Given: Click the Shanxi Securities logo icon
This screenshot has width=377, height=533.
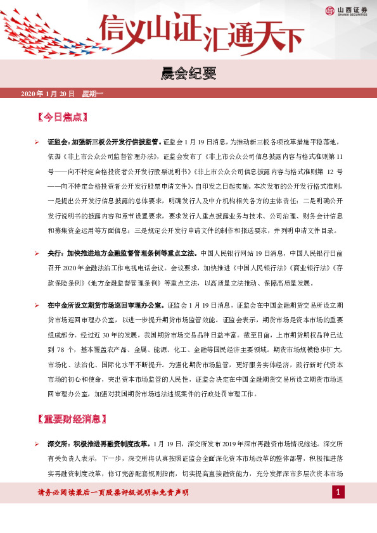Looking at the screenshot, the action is click(330, 10).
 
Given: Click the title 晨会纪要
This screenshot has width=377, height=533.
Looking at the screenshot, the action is click(189, 75).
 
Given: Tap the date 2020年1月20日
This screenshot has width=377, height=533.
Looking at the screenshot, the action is click(48, 94).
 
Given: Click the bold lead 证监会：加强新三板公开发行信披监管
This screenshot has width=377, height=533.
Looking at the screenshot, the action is click(105, 142).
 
